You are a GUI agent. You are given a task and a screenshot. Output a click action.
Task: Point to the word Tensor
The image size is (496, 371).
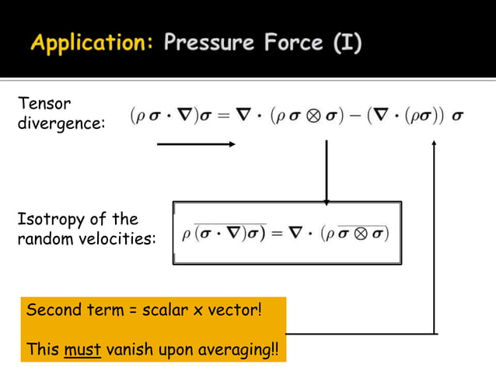(x=38, y=103)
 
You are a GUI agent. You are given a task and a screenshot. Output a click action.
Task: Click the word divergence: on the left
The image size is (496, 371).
(x=61, y=123)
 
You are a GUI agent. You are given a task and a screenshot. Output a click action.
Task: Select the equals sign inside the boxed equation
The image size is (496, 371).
(x=276, y=234)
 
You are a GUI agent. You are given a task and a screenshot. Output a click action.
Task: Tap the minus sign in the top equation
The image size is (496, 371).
(x=366, y=116)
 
